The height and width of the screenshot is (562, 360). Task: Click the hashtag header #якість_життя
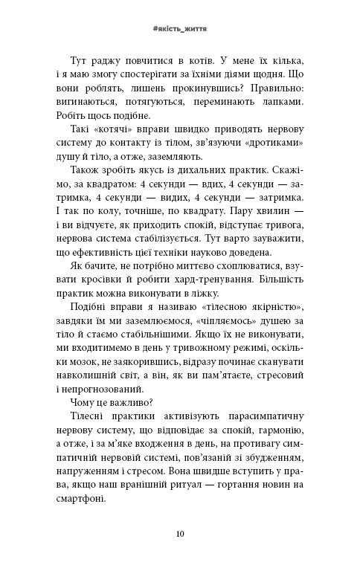pos(179,26)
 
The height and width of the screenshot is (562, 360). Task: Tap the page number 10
pos(180,533)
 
